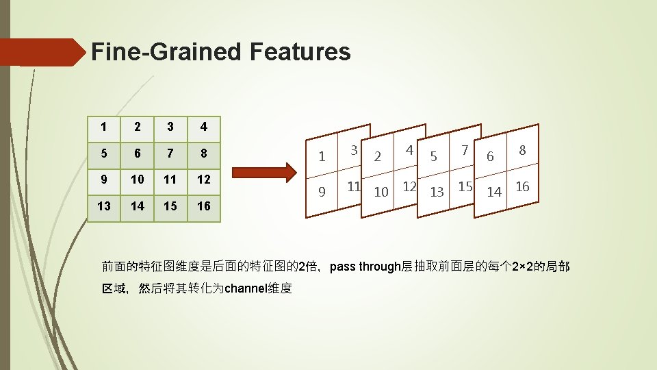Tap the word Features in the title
[300, 51]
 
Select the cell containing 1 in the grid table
[103, 127]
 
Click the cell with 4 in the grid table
[204, 127]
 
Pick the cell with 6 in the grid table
[137, 153]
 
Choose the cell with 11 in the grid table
[170, 180]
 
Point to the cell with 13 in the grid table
[103, 206]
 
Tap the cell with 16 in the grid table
[204, 206]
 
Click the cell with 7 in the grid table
[170, 153]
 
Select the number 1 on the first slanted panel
[322, 157]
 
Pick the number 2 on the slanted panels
[377, 157]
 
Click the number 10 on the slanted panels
[381, 193]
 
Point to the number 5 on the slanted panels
[433, 157]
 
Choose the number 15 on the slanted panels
[465, 186]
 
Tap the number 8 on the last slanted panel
[522, 149]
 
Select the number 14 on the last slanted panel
[493, 193]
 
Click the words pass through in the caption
[364, 267]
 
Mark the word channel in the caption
[248, 288]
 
